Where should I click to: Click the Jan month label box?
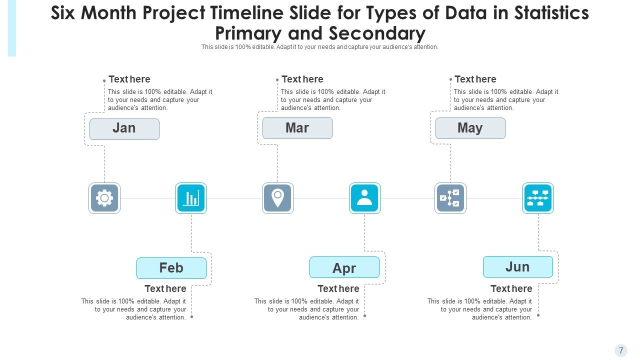click(x=124, y=129)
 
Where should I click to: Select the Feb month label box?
click(x=171, y=268)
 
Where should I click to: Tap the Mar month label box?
click(x=297, y=128)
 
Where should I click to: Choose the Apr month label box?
click(x=344, y=267)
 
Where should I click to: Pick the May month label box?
click(x=470, y=128)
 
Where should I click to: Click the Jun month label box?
click(x=518, y=266)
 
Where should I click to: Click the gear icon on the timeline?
click(x=104, y=198)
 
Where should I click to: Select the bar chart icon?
click(x=191, y=198)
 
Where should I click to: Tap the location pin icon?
click(x=278, y=198)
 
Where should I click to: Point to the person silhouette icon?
click(x=365, y=198)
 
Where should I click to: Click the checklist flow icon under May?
click(x=450, y=198)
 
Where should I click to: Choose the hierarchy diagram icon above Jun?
click(x=538, y=198)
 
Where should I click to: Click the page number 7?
click(x=621, y=350)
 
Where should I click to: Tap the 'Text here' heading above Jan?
click(x=129, y=79)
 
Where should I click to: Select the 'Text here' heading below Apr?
click(x=338, y=289)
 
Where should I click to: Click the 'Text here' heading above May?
click(x=475, y=79)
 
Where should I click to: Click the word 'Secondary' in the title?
click(x=377, y=33)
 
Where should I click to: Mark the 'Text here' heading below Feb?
click(x=165, y=289)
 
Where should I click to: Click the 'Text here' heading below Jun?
click(x=511, y=289)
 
